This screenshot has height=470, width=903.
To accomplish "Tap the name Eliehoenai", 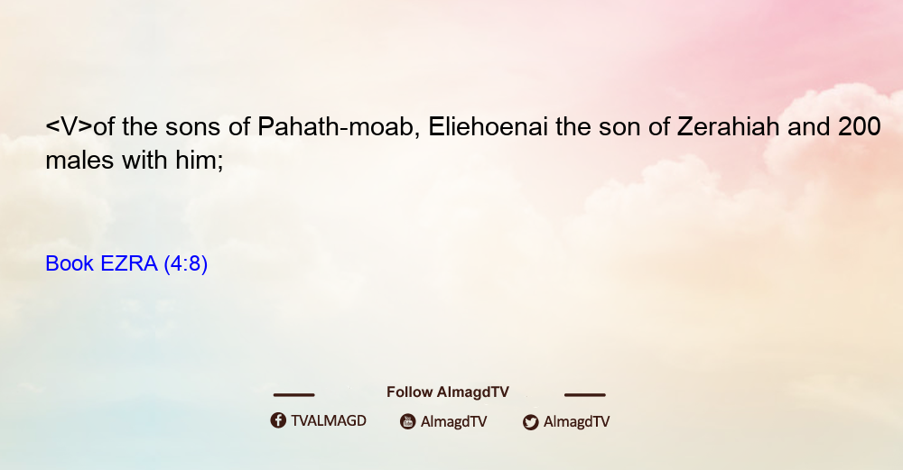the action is [489, 126].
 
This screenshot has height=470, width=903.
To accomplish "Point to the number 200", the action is [860, 126].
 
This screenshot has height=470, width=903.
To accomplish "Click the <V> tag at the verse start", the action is [70, 126].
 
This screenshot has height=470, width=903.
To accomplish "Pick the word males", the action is [79, 160].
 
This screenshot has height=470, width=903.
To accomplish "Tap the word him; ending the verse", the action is [200, 161].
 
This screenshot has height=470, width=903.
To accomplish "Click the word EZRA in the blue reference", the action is [128, 263].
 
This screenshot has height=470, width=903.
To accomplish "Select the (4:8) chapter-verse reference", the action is [185, 263].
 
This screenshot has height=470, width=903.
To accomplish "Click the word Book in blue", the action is [70, 263].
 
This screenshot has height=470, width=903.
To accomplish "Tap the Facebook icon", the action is [278, 420].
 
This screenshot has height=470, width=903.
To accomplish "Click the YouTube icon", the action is [408, 421].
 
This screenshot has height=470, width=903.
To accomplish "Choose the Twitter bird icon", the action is [530, 421].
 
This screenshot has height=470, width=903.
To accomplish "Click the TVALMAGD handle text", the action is [329, 420].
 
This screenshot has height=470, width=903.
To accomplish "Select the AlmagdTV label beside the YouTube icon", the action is [454, 421].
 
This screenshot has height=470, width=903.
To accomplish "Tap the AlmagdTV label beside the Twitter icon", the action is [576, 421].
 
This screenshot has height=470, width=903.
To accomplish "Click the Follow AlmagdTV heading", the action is [448, 392].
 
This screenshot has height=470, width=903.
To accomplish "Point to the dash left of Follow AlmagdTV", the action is [293, 394].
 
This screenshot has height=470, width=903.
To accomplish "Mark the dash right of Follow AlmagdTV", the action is [585, 394].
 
